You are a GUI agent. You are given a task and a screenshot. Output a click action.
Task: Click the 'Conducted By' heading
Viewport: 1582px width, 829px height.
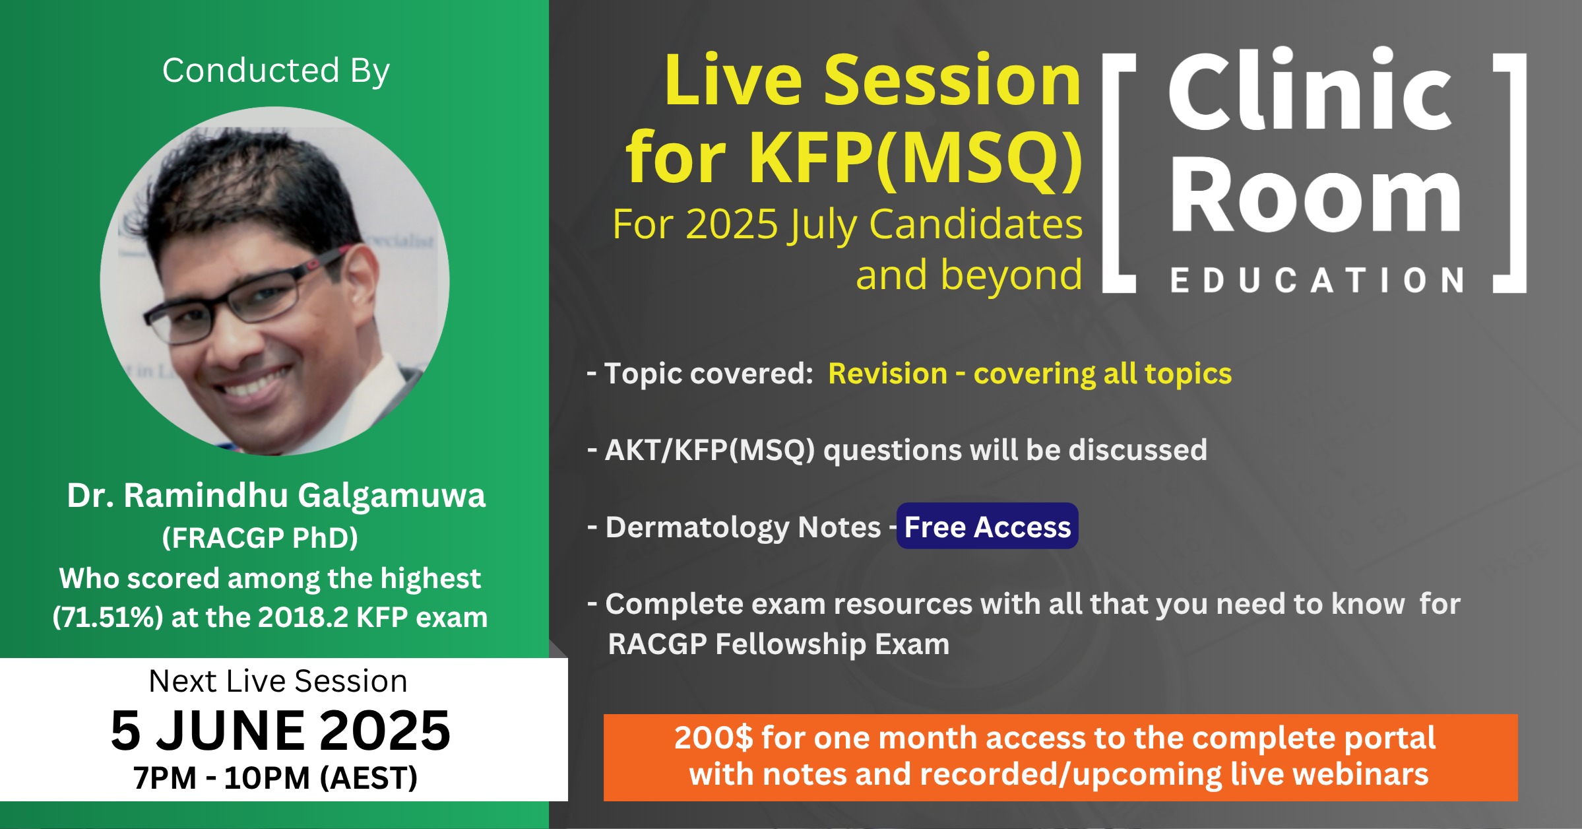click(276, 71)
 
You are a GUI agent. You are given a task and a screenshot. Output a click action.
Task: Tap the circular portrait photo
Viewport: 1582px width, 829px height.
click(274, 281)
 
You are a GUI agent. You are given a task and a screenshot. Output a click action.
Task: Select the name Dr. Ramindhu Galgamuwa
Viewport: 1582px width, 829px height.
click(276, 496)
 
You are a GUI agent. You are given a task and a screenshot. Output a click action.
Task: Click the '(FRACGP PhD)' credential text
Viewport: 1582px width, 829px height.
click(260, 538)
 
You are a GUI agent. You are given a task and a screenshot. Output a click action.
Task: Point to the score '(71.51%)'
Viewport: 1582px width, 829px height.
click(108, 617)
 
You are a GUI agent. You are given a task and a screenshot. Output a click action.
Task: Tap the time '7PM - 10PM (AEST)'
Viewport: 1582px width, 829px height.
click(275, 778)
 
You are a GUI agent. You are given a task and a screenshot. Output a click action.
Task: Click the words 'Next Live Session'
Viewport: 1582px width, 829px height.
click(278, 680)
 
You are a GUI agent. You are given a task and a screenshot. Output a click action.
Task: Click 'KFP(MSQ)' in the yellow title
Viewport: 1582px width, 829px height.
click(915, 158)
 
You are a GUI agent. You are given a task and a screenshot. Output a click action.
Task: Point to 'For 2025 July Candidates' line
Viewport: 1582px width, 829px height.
click(847, 224)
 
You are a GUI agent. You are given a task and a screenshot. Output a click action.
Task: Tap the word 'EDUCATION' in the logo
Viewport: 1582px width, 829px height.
click(1317, 281)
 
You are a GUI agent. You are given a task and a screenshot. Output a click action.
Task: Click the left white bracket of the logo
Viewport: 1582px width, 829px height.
click(1119, 173)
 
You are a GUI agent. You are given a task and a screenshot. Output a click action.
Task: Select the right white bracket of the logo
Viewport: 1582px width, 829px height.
click(1510, 173)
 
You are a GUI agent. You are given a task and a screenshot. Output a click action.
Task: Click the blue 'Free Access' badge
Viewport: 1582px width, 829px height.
click(987, 526)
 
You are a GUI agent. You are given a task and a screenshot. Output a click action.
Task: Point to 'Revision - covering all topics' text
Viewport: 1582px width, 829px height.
click(1030, 374)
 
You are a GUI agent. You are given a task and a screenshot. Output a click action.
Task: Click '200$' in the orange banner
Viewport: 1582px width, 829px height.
click(713, 737)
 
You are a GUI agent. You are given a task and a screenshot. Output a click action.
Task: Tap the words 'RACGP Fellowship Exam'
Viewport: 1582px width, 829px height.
click(778, 644)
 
